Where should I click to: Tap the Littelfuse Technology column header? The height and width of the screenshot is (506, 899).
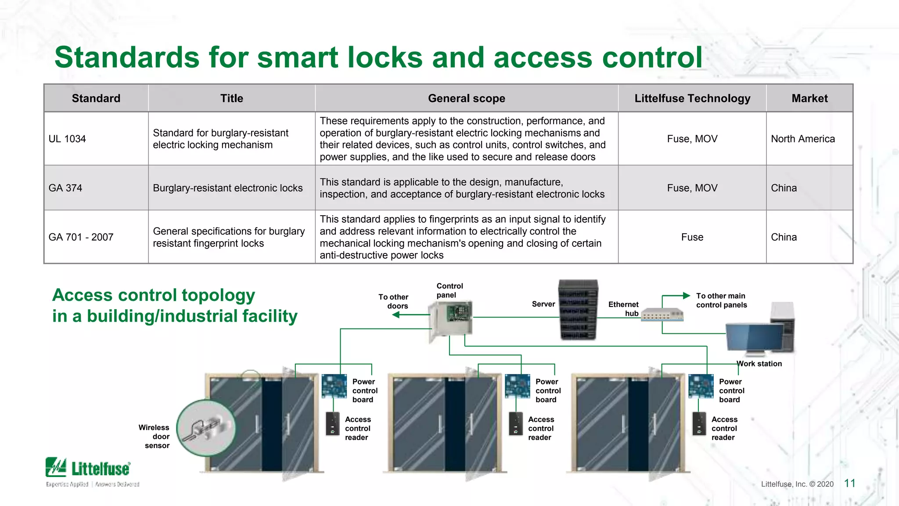[x=692, y=98]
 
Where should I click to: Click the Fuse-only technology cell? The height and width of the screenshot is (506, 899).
[x=692, y=237]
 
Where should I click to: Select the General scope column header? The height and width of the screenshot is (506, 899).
[x=467, y=98]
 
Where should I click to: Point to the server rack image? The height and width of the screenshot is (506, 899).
[x=578, y=310]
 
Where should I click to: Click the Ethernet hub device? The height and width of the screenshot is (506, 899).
[x=662, y=314]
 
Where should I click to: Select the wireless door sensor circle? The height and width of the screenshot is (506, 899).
[x=206, y=428]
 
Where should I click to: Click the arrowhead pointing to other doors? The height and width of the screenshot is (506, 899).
[x=396, y=314]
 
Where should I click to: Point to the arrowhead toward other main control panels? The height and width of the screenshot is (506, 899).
[x=686, y=296]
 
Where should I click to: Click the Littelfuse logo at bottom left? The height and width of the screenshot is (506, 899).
[x=88, y=469]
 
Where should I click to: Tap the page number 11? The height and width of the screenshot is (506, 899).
[x=850, y=483]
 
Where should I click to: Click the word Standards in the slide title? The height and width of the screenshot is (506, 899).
[x=127, y=58]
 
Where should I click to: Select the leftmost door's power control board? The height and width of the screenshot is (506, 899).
[x=334, y=386]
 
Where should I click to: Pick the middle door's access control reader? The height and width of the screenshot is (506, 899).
[x=516, y=423]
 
